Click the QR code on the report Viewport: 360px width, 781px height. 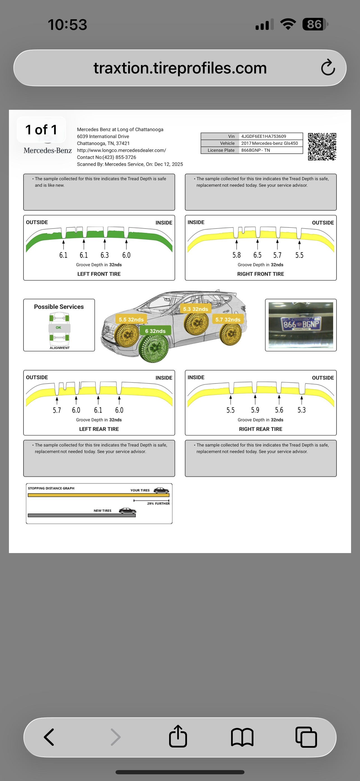(322, 147)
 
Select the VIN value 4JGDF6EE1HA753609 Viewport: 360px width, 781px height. (263, 136)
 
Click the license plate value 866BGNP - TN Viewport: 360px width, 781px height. (255, 150)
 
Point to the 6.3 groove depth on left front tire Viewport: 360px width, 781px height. (105, 255)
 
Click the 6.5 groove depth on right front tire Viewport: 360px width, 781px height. (257, 255)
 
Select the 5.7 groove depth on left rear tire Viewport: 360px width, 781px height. (57, 410)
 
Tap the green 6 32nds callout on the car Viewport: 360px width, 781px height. (155, 331)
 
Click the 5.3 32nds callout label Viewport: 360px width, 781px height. (195, 309)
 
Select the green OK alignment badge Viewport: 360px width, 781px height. (59, 327)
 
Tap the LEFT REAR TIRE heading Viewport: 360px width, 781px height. (99, 429)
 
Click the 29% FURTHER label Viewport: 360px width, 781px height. (158, 503)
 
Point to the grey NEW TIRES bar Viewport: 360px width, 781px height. (81, 515)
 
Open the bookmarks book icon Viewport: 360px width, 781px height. (242, 737)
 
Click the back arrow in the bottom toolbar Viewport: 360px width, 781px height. (49, 737)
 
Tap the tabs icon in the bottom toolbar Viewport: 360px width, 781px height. (306, 737)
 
